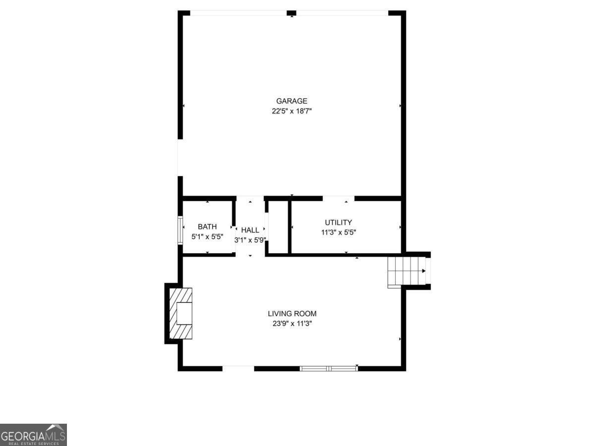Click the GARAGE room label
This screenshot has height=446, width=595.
coord(292,101)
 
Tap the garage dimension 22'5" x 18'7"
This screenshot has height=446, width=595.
coord(292,111)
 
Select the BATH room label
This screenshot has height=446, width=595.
coord(207,227)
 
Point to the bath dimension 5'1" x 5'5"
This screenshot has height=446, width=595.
coord(207,237)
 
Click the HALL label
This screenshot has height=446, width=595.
coord(250,230)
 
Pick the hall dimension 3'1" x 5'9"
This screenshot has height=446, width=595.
coord(250,240)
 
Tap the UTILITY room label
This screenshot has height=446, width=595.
coord(338,223)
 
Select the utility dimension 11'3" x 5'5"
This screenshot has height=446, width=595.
coord(338,232)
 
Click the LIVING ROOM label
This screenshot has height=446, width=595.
coord(292,314)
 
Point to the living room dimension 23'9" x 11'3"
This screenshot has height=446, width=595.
coord(292,324)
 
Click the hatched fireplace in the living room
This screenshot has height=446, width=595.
coord(180,313)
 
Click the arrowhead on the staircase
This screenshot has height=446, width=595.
coord(423,271)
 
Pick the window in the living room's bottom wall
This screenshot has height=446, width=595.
coord(329,368)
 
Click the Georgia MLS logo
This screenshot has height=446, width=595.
coord(33,435)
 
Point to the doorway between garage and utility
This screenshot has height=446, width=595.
coord(339,199)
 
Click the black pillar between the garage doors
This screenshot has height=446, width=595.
coord(292,13)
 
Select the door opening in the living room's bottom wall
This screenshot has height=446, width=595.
coord(238,368)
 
